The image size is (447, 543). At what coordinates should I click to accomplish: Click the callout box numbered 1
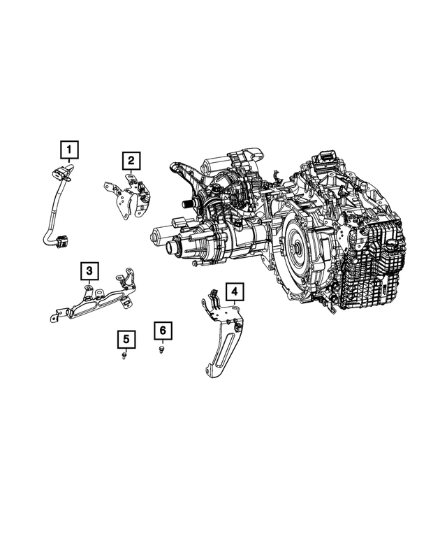(69, 149)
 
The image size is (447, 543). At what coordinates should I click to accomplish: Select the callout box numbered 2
(131, 161)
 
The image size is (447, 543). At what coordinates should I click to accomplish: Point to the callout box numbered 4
(235, 291)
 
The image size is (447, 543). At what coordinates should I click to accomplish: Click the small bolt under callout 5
(125, 355)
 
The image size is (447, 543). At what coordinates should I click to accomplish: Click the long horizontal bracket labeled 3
(94, 303)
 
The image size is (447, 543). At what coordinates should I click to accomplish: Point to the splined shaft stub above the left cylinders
(186, 203)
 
